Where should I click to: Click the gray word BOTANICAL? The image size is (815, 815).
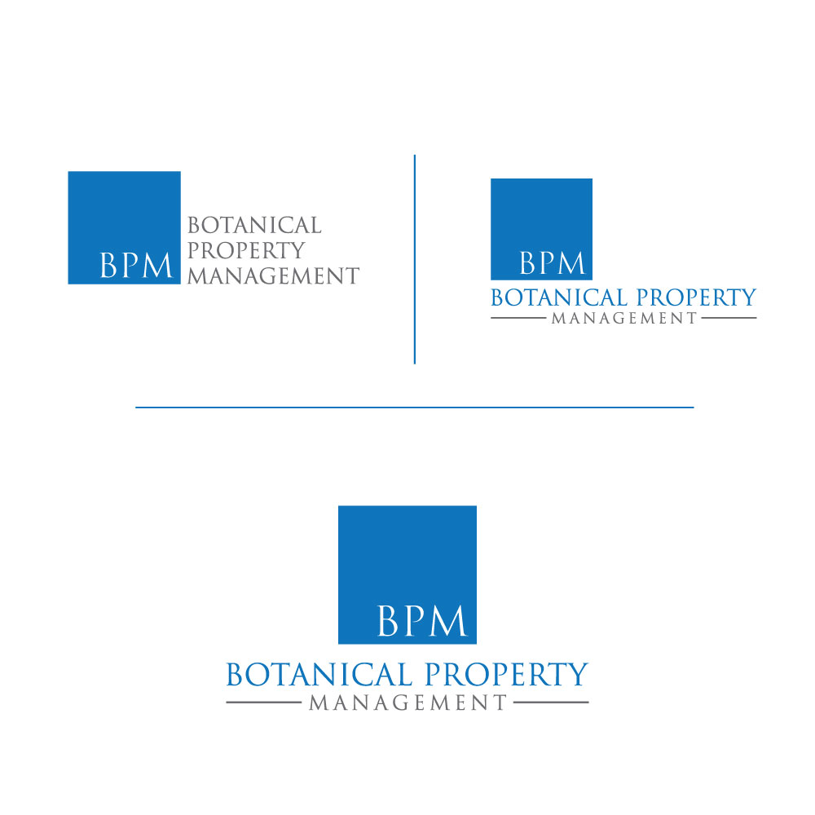254,226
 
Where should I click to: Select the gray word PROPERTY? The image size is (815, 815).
246,250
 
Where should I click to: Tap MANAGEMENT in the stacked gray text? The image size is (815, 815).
273,275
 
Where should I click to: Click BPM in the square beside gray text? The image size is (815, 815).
135,265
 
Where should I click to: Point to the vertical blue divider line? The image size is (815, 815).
414,259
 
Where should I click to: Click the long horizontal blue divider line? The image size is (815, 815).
414,407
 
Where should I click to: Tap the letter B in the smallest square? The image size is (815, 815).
528,263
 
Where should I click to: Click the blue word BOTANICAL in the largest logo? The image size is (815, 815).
319,675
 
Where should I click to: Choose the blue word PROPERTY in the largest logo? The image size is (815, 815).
506,675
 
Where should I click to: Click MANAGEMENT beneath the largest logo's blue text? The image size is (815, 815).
407,703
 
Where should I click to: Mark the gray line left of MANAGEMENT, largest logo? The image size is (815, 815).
263,703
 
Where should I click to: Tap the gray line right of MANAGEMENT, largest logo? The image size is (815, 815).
551,703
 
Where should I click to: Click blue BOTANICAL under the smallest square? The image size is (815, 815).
559,297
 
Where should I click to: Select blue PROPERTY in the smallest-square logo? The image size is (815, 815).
697,297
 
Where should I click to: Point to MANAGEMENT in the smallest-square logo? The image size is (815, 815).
623,318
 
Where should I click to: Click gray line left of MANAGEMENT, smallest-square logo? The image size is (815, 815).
518,318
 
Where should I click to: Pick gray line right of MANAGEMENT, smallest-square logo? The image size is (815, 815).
729,318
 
